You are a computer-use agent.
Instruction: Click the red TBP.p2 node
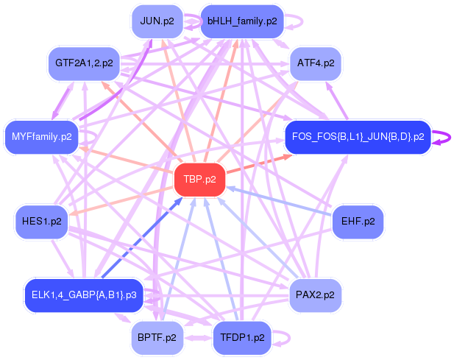point(199,180)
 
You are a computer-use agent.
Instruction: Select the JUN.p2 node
point(157,21)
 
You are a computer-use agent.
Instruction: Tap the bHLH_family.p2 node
point(242,21)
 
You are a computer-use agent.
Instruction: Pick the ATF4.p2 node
point(316,63)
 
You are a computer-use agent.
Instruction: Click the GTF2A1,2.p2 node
point(84,63)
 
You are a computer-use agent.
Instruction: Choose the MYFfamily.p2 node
point(42,136)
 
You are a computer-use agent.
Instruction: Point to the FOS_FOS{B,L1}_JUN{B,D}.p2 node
point(358,136)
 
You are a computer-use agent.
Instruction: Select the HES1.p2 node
point(42,222)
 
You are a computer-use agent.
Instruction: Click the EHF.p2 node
point(358,221)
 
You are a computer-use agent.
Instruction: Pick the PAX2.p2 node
point(316,294)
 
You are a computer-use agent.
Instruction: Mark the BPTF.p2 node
point(157,338)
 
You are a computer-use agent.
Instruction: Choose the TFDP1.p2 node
point(242,338)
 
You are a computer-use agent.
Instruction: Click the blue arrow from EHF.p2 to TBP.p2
point(280,200)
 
